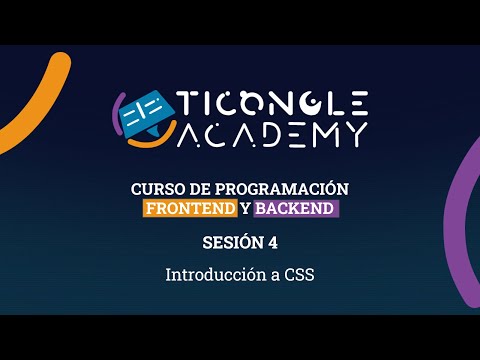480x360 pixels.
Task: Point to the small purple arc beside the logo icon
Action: coord(119,110)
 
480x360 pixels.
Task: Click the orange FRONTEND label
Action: coord(190,209)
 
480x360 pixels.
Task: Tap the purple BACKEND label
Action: coord(296,209)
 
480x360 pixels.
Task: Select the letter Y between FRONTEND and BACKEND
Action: coord(246,209)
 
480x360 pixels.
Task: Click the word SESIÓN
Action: coord(227,243)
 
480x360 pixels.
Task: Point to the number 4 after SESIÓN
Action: coord(271,243)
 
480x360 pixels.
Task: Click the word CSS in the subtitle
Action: coord(298,273)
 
